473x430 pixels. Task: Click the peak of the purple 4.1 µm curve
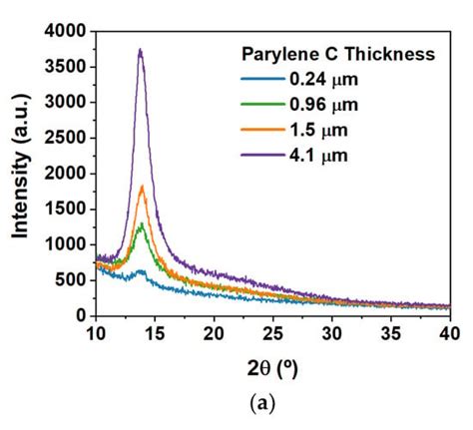point(141,50)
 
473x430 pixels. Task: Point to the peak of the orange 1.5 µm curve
point(142,187)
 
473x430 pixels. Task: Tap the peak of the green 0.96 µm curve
point(142,224)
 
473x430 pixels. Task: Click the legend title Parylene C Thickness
point(338,54)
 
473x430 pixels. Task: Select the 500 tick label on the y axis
point(73,280)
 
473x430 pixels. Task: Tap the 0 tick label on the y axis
point(82,315)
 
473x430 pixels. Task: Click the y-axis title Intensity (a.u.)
point(20,174)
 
